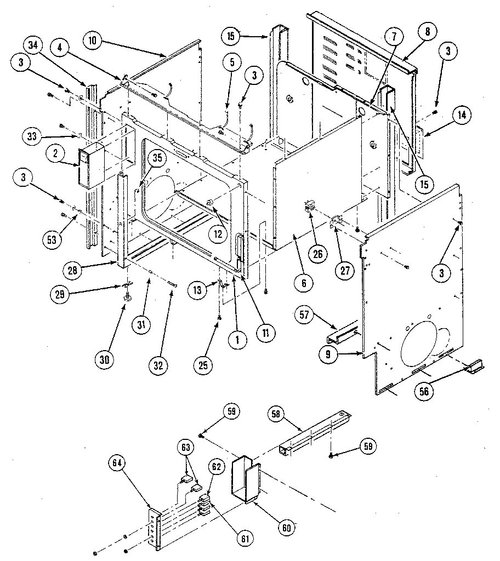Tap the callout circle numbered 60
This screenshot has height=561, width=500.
pyautogui.click(x=287, y=528)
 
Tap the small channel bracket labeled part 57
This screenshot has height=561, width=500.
pyautogui.click(x=342, y=334)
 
